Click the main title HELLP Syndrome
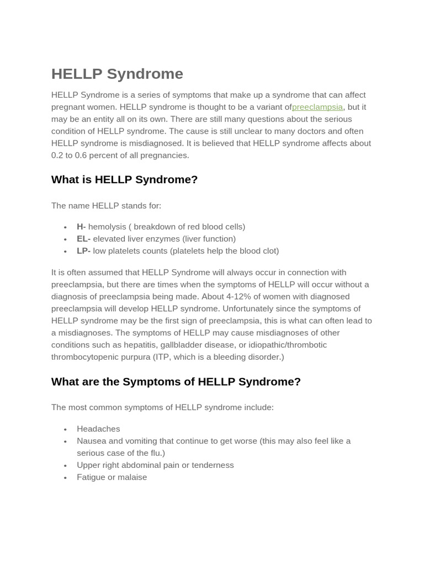click(x=117, y=74)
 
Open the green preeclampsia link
click(x=317, y=107)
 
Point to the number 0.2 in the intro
click(x=57, y=156)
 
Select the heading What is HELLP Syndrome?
click(x=124, y=180)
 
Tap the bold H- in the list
click(x=81, y=227)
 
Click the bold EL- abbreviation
click(x=83, y=239)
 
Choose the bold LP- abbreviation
click(x=83, y=251)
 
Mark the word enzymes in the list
click(x=159, y=239)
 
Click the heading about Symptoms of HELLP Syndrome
click(x=176, y=382)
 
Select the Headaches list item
click(x=98, y=429)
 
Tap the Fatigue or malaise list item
click(x=112, y=478)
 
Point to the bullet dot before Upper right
click(x=65, y=466)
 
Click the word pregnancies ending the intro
click(x=166, y=156)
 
